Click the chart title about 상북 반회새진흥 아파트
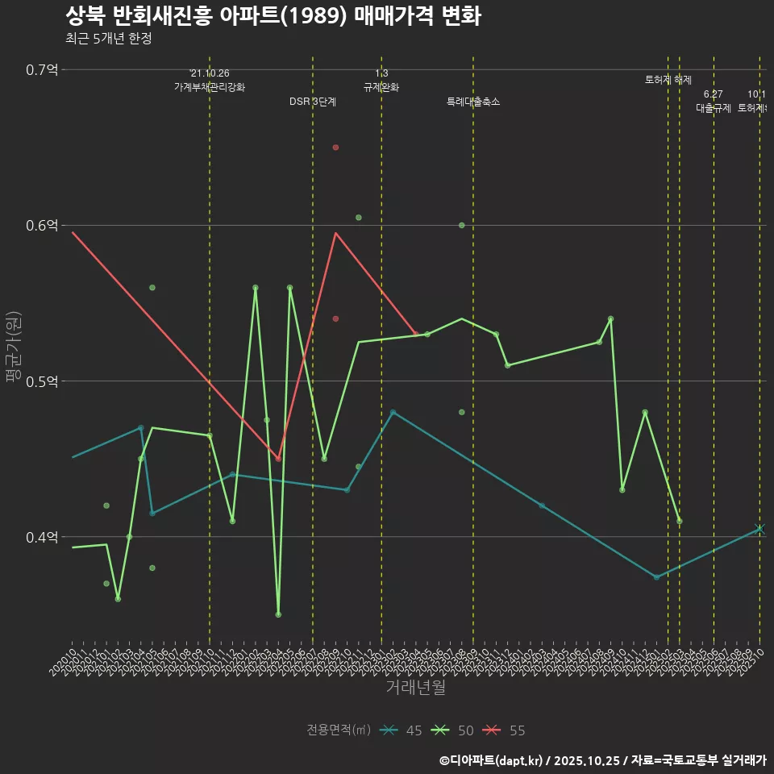click(273, 16)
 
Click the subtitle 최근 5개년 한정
click(108, 39)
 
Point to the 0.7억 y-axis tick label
click(42, 69)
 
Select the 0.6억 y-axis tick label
click(42, 225)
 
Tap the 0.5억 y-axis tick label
click(42, 381)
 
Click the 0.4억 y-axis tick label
click(42, 537)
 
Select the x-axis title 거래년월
click(415, 688)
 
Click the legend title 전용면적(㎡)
click(339, 730)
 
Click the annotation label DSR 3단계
click(313, 102)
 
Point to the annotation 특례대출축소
click(473, 102)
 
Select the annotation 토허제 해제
click(668, 80)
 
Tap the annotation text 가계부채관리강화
click(210, 87)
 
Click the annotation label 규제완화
click(381, 87)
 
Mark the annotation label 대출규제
click(714, 108)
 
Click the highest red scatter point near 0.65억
click(335, 148)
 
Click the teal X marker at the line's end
click(759, 529)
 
